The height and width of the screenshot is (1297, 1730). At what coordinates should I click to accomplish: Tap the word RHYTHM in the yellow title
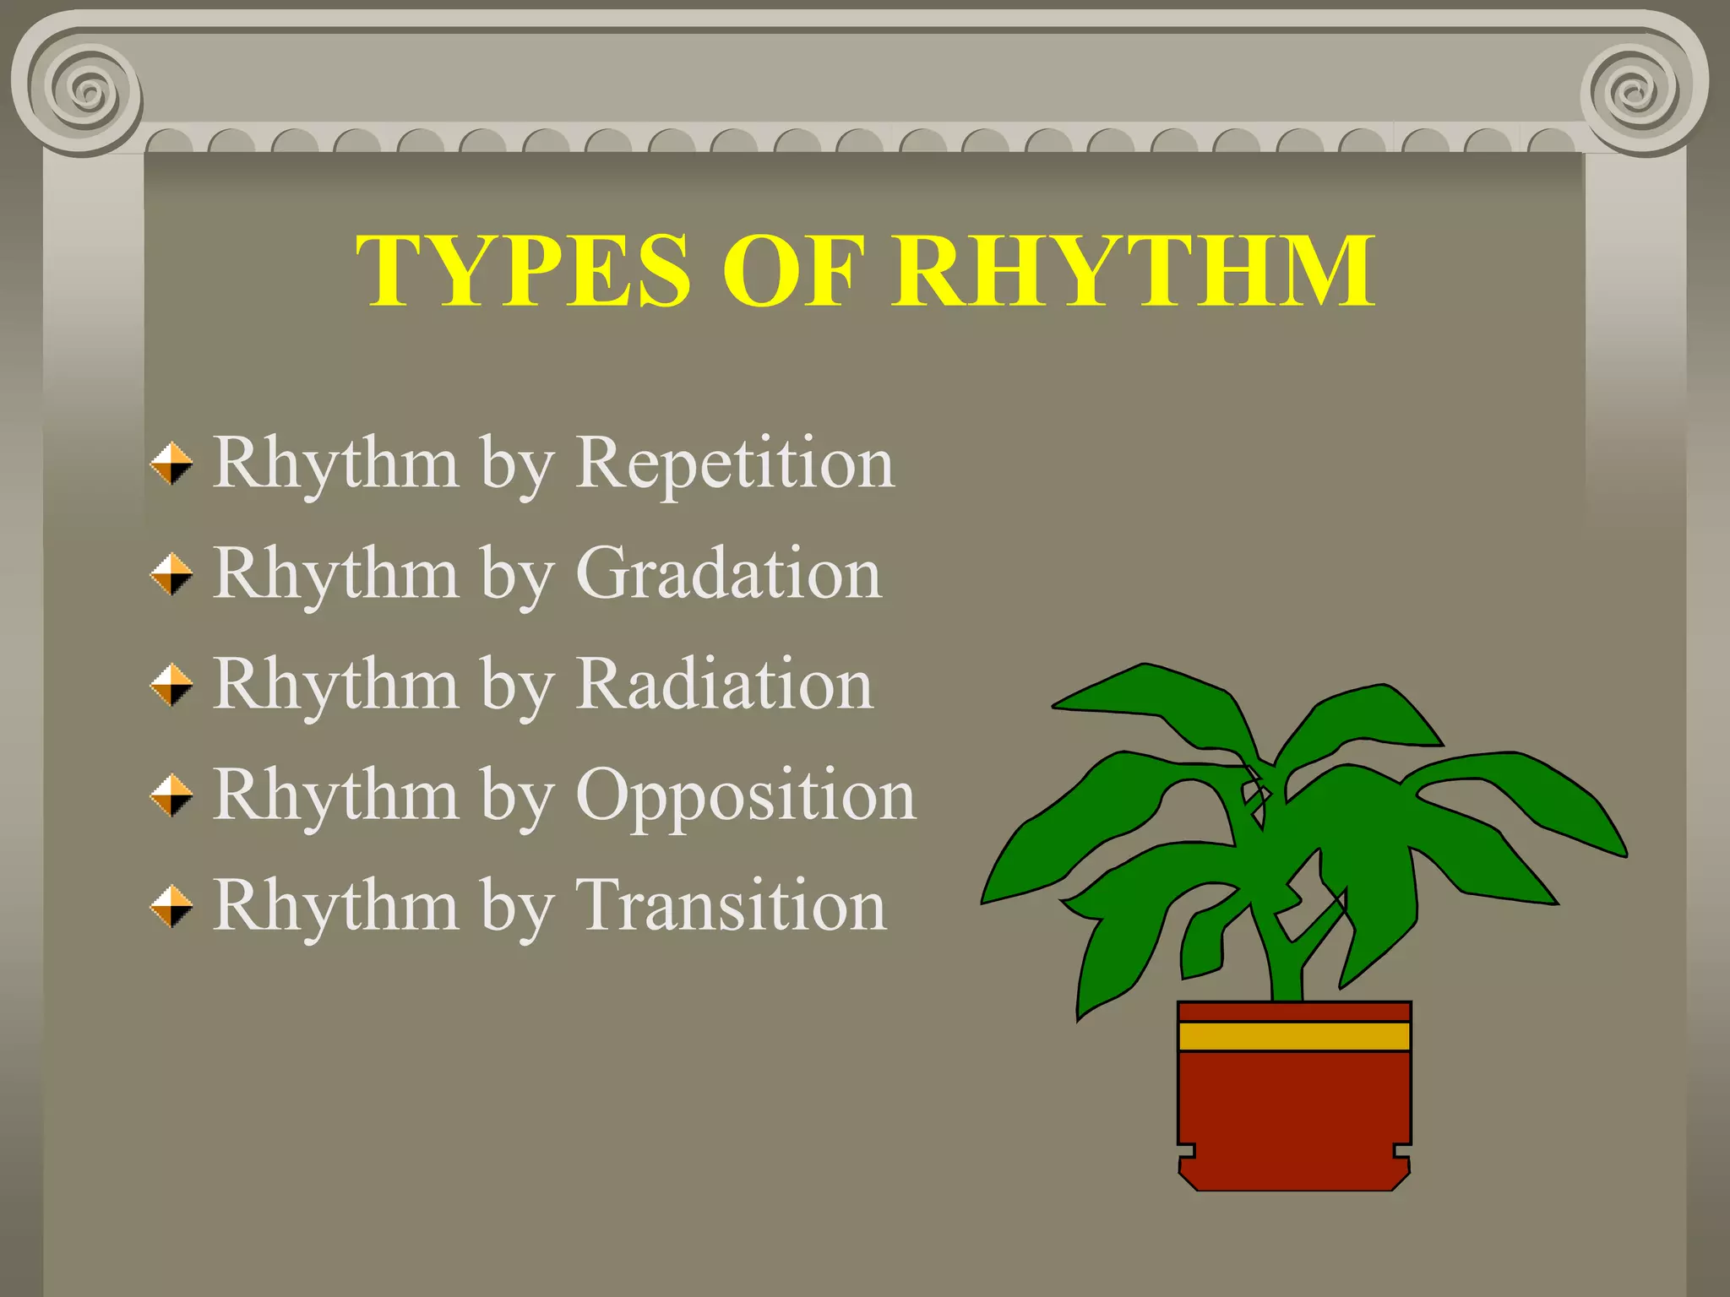1134,270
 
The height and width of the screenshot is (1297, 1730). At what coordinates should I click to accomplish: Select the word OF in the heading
792,270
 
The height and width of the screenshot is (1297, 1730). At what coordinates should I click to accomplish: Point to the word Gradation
728,573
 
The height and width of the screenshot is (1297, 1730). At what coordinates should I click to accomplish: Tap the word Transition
731,905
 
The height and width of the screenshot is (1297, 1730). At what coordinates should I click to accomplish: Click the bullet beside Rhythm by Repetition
171,464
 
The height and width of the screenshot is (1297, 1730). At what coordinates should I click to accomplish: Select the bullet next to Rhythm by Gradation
171,574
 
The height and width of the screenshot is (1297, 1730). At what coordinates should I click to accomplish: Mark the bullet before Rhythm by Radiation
171,685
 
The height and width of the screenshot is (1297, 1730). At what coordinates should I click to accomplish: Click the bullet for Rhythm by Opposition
171,795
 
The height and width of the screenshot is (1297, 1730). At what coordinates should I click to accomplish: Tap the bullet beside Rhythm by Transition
171,906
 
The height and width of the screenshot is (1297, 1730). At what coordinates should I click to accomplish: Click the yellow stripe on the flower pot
1293,1036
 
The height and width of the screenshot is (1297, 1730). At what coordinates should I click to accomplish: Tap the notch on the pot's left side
1186,1150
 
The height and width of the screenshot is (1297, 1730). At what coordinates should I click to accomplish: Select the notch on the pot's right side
1402,1150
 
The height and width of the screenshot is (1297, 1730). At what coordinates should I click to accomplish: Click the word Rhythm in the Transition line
335,905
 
